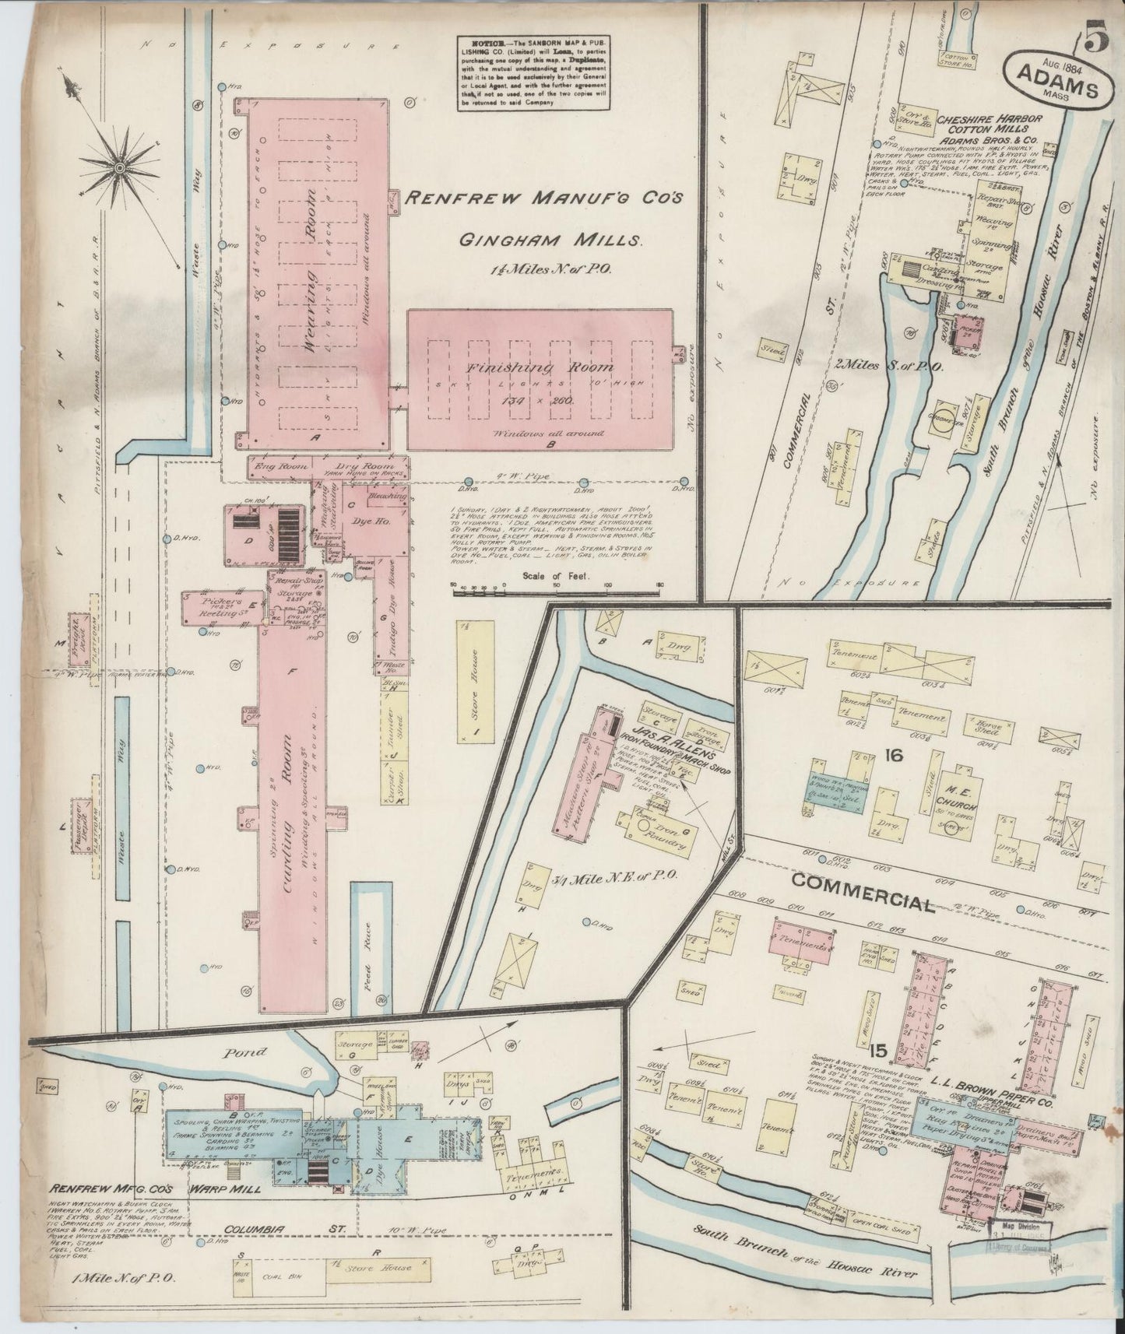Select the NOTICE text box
[x=532, y=72]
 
